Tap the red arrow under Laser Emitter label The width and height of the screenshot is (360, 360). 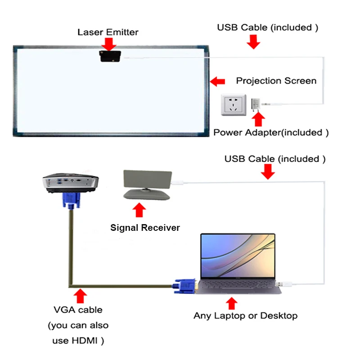(109, 44)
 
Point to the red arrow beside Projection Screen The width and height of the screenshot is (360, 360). (218, 81)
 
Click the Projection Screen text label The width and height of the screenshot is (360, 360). (276, 81)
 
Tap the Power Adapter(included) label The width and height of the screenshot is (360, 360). (271, 133)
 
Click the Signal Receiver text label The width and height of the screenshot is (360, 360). (145, 228)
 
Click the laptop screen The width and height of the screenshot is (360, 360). (237, 256)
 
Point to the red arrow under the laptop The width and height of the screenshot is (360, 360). (231, 302)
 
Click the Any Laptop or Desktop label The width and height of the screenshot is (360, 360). (245, 315)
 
